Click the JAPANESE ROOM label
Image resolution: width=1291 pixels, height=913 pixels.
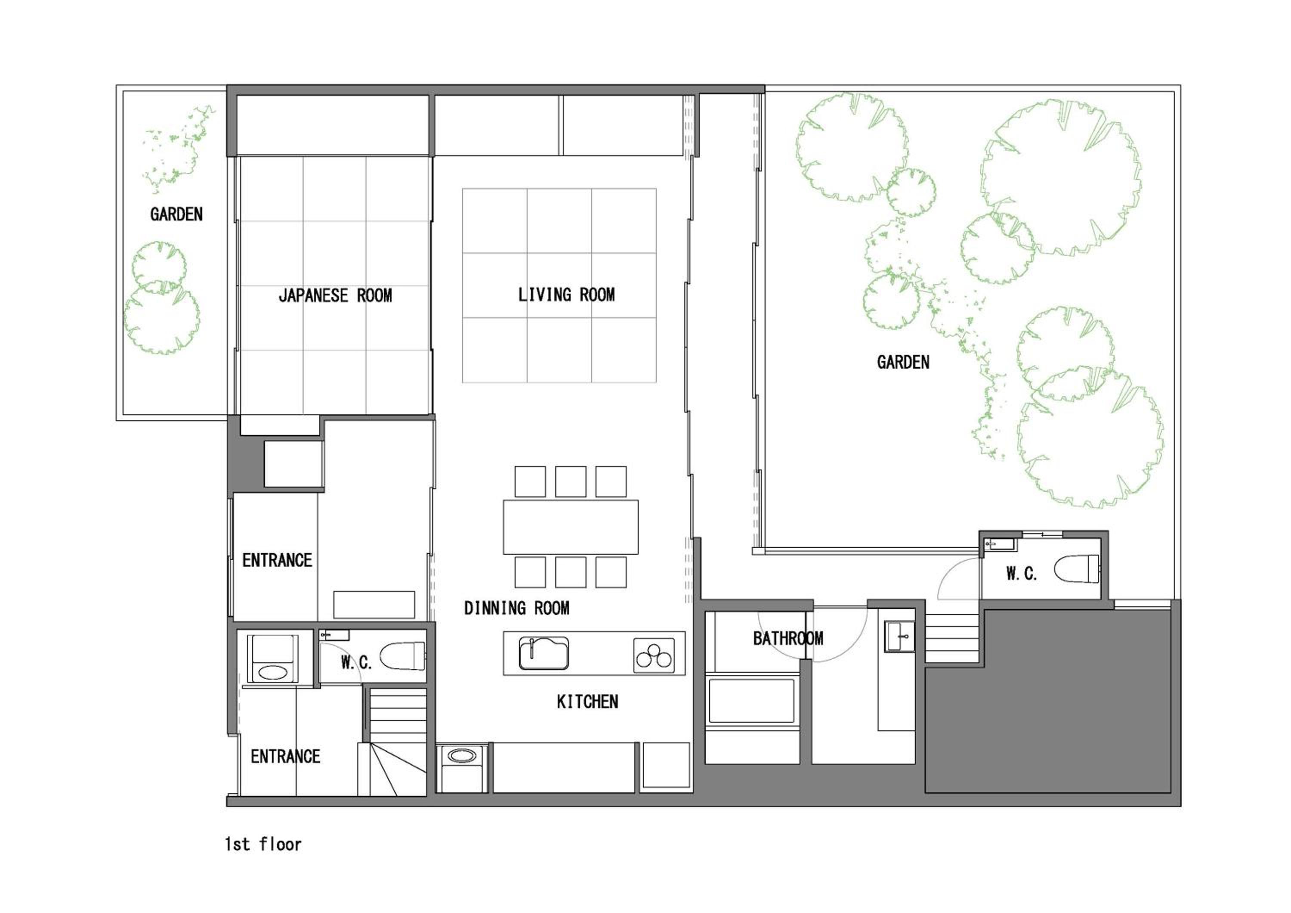tap(335, 295)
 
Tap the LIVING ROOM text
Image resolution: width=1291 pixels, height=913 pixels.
tap(566, 294)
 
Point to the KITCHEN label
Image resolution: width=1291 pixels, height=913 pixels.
tap(587, 702)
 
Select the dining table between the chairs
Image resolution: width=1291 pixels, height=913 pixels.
tap(571, 527)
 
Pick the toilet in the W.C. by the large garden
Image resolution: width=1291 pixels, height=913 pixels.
tap(1076, 569)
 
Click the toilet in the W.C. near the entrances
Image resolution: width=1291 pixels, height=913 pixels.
tap(403, 656)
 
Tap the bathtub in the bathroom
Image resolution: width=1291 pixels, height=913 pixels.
tap(752, 701)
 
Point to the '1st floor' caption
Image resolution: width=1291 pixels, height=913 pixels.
tap(263, 844)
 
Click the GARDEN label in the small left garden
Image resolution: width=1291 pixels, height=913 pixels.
tap(176, 214)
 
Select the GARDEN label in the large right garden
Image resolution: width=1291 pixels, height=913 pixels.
tap(903, 362)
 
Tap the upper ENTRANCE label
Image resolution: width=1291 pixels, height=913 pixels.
tap(277, 560)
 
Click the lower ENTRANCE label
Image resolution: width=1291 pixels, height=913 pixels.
tap(286, 757)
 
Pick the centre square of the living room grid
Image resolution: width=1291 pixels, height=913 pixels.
tap(559, 285)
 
